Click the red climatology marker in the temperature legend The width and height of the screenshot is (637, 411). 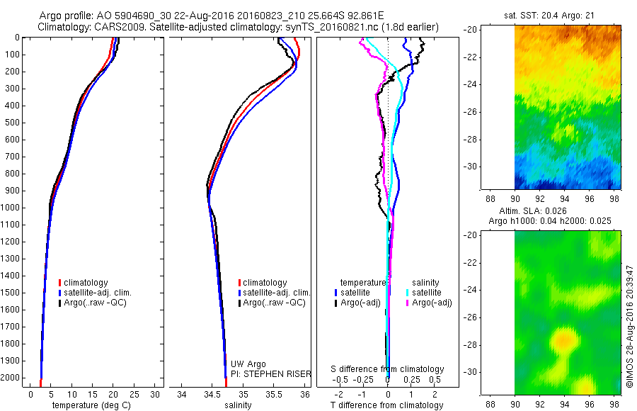click(59, 283)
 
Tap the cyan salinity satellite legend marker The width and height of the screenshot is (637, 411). click(408, 293)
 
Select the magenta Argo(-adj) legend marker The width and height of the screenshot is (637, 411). click(408, 303)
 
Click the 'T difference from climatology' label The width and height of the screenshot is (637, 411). click(387, 405)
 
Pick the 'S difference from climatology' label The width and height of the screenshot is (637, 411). click(388, 369)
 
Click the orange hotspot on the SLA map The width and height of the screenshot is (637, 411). click(564, 341)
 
